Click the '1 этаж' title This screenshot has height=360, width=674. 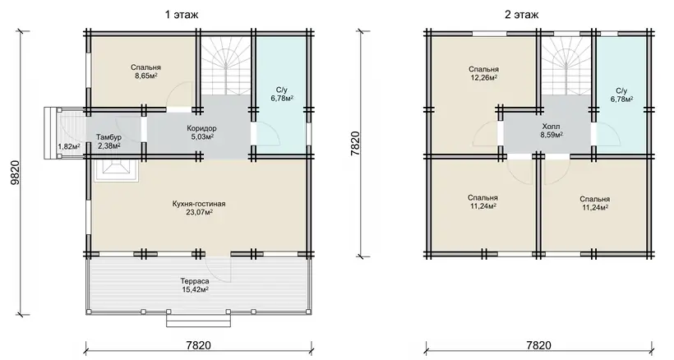pyautogui.click(x=182, y=15)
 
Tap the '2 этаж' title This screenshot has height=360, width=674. pyautogui.click(x=521, y=15)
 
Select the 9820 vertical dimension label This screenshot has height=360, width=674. pyautogui.click(x=14, y=173)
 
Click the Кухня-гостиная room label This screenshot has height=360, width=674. pyautogui.click(x=199, y=204)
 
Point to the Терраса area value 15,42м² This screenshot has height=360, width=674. pyautogui.click(x=195, y=290)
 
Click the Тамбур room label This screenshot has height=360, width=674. pyautogui.click(x=108, y=137)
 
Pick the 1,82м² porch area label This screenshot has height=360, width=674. pyautogui.click(x=69, y=146)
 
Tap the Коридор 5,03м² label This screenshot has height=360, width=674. pyautogui.click(x=201, y=132)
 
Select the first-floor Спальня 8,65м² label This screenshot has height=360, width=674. pyautogui.click(x=145, y=72)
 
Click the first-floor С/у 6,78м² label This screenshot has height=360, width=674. pyautogui.click(x=282, y=94)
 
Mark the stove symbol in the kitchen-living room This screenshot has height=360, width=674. pyautogui.click(x=116, y=171)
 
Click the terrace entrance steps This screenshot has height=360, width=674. pyautogui.click(x=199, y=321)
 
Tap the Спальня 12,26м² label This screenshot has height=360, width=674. pyautogui.click(x=483, y=73)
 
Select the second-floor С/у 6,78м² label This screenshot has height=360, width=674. pyautogui.click(x=621, y=95)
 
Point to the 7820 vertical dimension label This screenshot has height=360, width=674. pyautogui.click(x=355, y=145)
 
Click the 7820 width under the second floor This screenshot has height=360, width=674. pyautogui.click(x=538, y=345)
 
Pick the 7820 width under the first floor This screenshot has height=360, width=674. pyautogui.click(x=199, y=345)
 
